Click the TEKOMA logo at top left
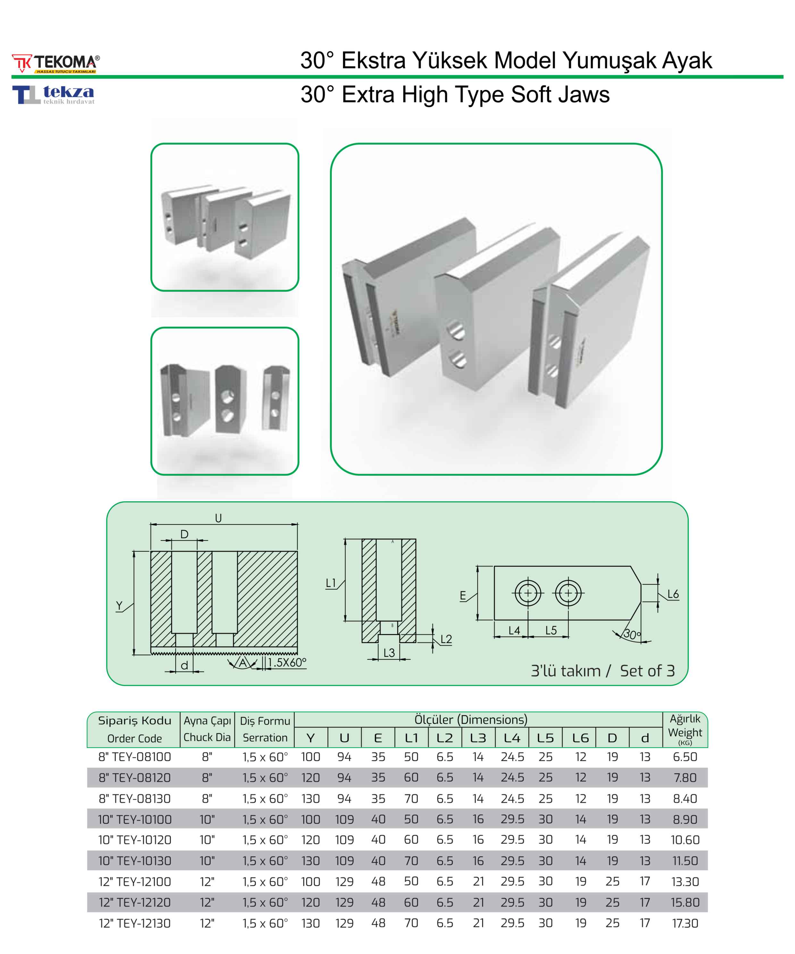coord(55,63)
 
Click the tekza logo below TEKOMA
coord(53,95)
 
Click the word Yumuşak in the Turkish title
coord(609,61)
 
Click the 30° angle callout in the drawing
coord(632,634)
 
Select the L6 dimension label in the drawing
coord(673,594)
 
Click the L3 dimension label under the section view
coord(389,653)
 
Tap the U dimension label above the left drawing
coord(219,518)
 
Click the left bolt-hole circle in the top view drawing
coord(528,593)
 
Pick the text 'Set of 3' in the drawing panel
coord(647,671)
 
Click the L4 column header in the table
coord(512,738)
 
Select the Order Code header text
coord(134,739)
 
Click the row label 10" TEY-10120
coord(135,840)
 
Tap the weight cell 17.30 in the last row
coord(685,923)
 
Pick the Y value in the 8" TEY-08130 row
coord(311,799)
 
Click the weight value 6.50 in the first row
coord(685,757)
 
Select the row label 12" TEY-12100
coord(135,882)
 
